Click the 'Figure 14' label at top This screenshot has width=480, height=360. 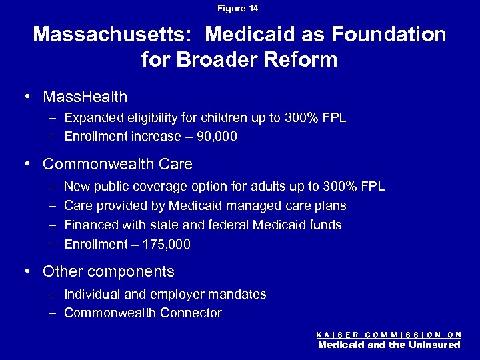[x=240, y=9]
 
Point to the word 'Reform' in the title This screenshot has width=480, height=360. [x=303, y=60]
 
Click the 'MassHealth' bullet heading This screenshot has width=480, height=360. [x=85, y=97]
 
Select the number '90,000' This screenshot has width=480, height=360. [x=215, y=137]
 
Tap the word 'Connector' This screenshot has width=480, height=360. [x=189, y=313]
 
